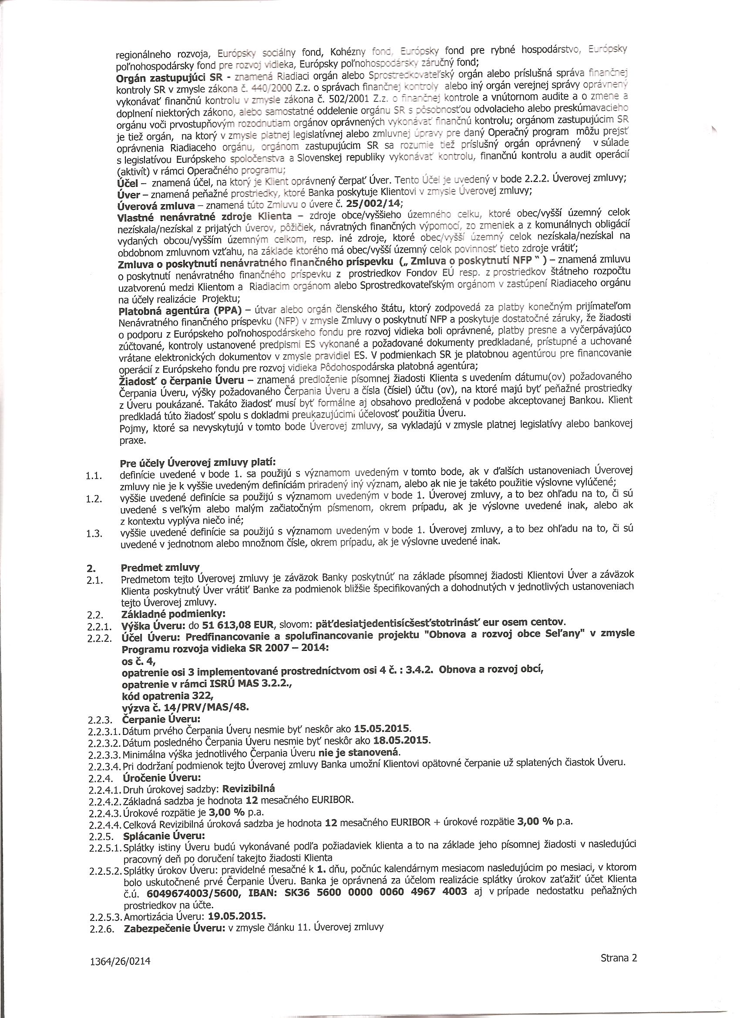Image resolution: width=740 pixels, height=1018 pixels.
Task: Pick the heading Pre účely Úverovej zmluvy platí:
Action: point(197,462)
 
